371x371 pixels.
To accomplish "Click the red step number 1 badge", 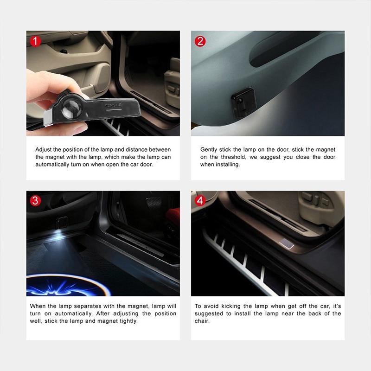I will point(35,41).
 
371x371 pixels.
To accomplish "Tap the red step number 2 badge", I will point(200,41).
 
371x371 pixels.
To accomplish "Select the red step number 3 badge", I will point(35,200).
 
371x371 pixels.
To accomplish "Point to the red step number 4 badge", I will point(200,200).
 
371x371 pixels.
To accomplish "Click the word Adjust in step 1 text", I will point(44,150).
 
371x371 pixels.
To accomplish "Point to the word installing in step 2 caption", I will point(227,165).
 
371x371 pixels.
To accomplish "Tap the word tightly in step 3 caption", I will point(129,321).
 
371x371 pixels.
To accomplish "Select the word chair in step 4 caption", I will point(201,321).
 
